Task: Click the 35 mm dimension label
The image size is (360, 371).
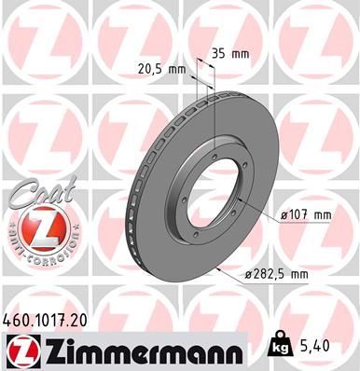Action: tap(229, 53)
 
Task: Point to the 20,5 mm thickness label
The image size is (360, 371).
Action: tap(163, 67)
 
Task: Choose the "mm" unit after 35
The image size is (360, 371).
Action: tap(241, 53)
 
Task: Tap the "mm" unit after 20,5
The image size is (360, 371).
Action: tap(179, 67)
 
